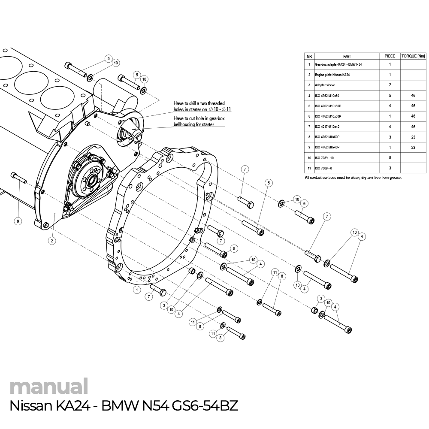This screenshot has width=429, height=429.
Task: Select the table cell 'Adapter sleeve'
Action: coord(325,85)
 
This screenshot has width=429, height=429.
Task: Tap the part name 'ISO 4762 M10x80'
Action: coord(327,96)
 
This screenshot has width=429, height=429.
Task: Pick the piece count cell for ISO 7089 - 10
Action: coord(390,158)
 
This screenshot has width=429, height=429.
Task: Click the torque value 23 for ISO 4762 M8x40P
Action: coord(413,147)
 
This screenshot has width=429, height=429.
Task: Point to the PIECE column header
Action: coord(390,56)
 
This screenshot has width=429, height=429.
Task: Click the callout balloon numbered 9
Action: coord(18,221)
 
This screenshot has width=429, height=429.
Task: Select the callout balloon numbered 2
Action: coord(51,241)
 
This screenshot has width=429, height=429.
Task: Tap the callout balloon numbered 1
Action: coord(136,290)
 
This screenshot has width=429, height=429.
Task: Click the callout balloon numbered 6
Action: coord(304,203)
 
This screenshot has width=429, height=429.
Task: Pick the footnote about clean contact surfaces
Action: coord(353,178)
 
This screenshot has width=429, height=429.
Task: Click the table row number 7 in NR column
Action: coord(309,127)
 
